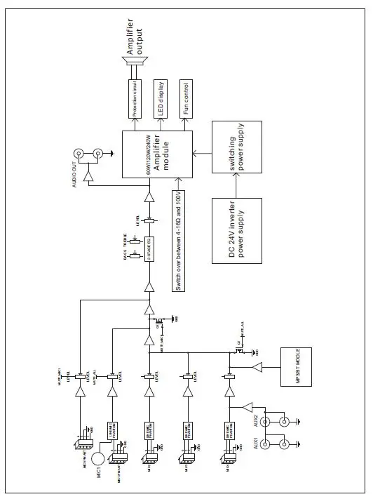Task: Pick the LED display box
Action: point(160,100)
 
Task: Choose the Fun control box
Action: point(186,100)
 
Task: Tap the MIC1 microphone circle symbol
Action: point(99,457)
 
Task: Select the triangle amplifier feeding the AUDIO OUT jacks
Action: point(90,176)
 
